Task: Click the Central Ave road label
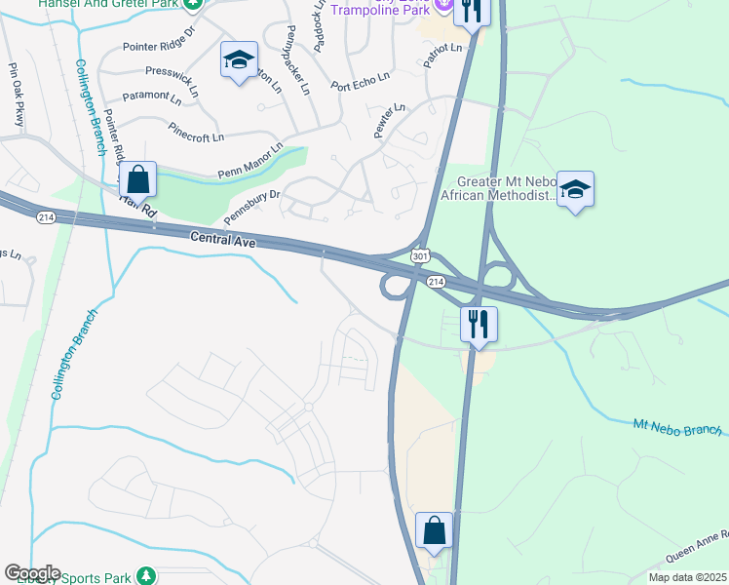222,237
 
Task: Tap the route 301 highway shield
420,255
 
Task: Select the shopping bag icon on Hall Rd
138,180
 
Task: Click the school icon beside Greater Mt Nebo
576,189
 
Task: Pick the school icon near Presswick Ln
239,60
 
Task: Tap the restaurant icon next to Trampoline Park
471,12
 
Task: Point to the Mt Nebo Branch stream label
677,426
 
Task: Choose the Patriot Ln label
441,49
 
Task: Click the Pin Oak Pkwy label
17,96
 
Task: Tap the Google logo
31,573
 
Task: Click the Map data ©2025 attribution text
687,577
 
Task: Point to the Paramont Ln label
151,98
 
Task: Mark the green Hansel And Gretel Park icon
194,4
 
